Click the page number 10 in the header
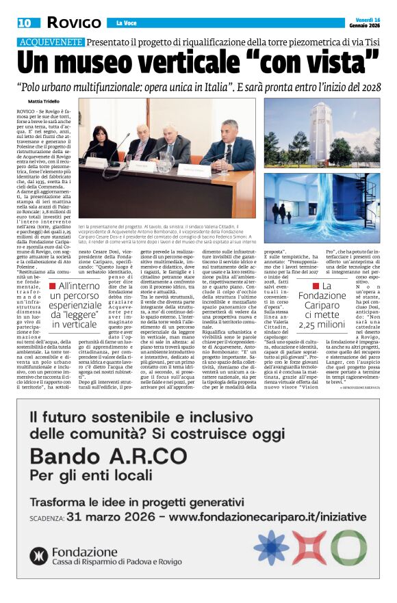click(25, 23)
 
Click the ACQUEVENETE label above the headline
click(50, 42)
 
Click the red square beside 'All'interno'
click(51, 286)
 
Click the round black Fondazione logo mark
click(38, 557)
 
